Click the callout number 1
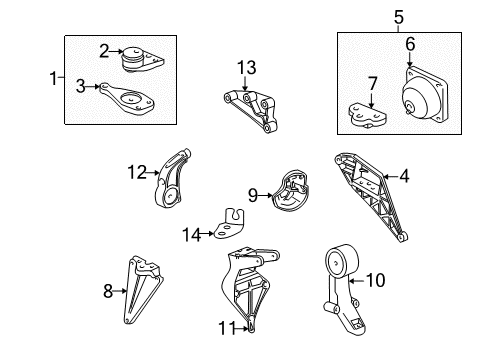click(x=55, y=78)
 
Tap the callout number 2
click(x=103, y=48)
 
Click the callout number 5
click(x=369, y=16)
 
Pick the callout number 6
click(x=410, y=43)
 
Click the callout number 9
click(x=253, y=194)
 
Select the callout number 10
click(x=375, y=281)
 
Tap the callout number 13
click(x=246, y=67)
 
